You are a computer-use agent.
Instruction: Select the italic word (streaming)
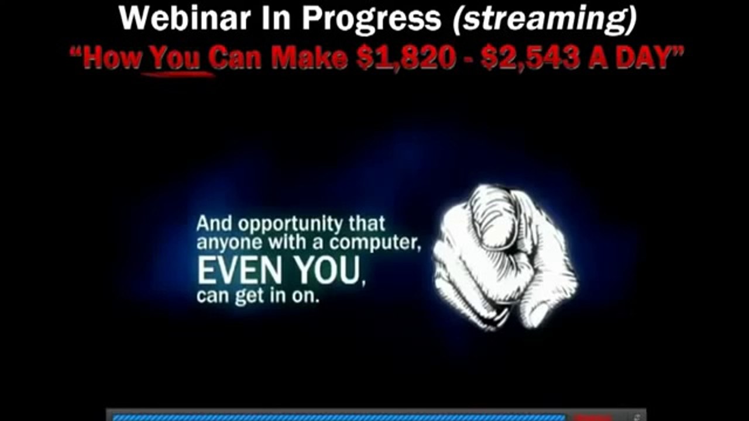click(544, 19)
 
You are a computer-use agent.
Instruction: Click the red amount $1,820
click(406, 58)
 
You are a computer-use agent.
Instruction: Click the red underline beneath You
click(176, 74)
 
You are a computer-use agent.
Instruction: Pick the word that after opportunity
click(367, 224)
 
